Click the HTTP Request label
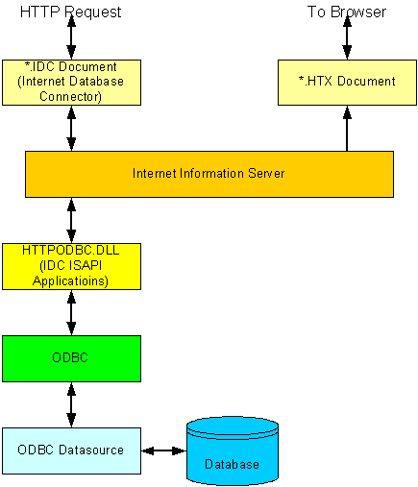70,12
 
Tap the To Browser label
347,12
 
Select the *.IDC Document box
71,83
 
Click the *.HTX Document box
347,83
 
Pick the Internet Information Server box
209,174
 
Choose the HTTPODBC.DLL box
71,266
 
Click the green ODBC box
71,358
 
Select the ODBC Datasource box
71,450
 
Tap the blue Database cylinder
233,450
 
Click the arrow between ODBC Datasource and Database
163,450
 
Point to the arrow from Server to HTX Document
347,129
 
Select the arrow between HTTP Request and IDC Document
71,37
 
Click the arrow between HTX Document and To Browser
347,37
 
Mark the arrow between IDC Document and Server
71,129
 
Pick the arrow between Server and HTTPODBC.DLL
71,221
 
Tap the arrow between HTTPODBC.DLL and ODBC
71,313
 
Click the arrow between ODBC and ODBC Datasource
71,405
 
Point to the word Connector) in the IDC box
70,96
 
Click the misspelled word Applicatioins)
70,280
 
